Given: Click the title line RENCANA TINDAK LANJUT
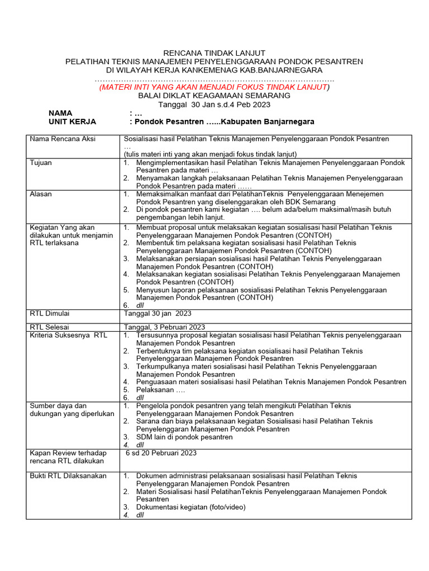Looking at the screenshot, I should pyautogui.click(x=214, y=52).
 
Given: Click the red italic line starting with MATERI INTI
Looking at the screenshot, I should pyautogui.click(x=214, y=87).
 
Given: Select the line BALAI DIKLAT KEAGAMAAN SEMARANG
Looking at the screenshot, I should pyautogui.click(x=214, y=96).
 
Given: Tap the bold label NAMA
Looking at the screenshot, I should pyautogui.click(x=60, y=113).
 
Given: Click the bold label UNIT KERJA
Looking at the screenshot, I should pyautogui.click(x=72, y=122).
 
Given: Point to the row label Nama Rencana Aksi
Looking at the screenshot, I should pyautogui.click(x=62, y=139).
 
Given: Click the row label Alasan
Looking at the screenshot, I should pyautogui.click(x=41, y=193).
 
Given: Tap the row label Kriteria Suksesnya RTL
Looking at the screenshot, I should pyautogui.click(x=68, y=335).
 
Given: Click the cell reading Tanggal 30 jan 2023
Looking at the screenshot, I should pyautogui.click(x=158, y=313).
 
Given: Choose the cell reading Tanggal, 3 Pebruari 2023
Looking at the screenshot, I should pyautogui.click(x=164, y=327).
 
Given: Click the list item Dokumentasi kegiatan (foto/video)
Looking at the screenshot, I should pyautogui.click(x=190, y=507).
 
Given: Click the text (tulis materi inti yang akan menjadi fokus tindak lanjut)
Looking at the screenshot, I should pyautogui.click(x=210, y=154).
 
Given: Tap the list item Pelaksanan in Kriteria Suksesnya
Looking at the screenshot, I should pyautogui.click(x=160, y=390).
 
